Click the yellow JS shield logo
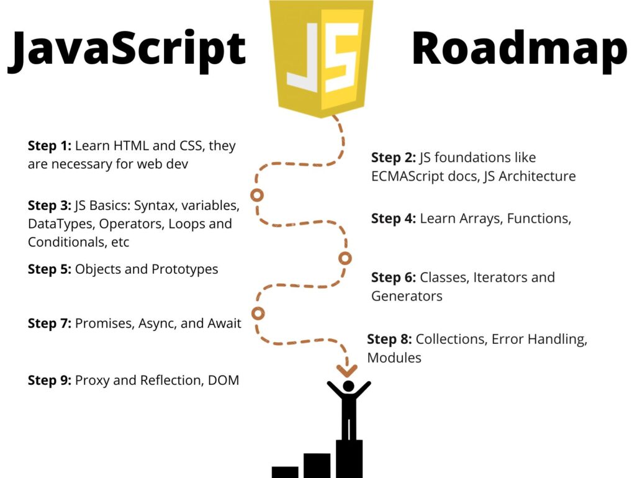(x=321, y=57)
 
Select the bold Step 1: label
(x=50, y=146)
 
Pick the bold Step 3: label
(x=50, y=205)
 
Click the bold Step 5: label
(x=50, y=269)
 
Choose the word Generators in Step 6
(x=407, y=296)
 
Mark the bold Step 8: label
(x=389, y=340)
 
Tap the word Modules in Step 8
(x=394, y=358)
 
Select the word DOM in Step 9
(x=224, y=381)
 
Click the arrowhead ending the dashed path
(x=348, y=370)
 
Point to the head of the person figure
(x=348, y=387)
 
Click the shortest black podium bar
(x=285, y=472)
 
